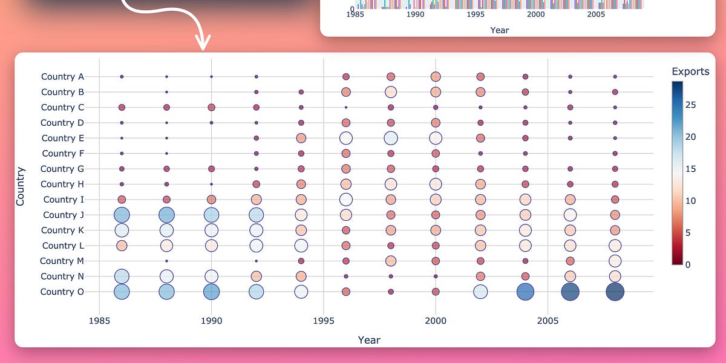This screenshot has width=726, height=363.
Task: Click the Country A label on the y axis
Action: coord(62,77)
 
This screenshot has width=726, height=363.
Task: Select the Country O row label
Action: coord(62,292)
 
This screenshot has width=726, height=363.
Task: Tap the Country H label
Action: coord(62,184)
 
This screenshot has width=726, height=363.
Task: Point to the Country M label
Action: coord(62,261)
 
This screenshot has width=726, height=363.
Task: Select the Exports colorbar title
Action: coord(690,71)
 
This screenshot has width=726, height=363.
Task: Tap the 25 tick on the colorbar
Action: coord(690,105)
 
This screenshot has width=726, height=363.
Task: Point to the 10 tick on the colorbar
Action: coord(690,201)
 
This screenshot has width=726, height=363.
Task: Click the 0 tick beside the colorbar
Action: coord(687,264)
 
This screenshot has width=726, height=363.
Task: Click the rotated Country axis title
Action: coord(20,186)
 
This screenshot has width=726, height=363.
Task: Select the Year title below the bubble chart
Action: coord(368,340)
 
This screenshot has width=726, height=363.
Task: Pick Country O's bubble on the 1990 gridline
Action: coord(211,292)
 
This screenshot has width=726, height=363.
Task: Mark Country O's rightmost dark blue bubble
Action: coord(615,292)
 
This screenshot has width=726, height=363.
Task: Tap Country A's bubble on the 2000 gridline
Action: coord(436,77)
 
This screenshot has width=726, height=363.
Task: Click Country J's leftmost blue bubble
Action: coord(122,215)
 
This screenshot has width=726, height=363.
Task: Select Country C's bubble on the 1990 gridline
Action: coord(211,107)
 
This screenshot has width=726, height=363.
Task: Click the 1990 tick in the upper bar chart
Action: coord(415,14)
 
